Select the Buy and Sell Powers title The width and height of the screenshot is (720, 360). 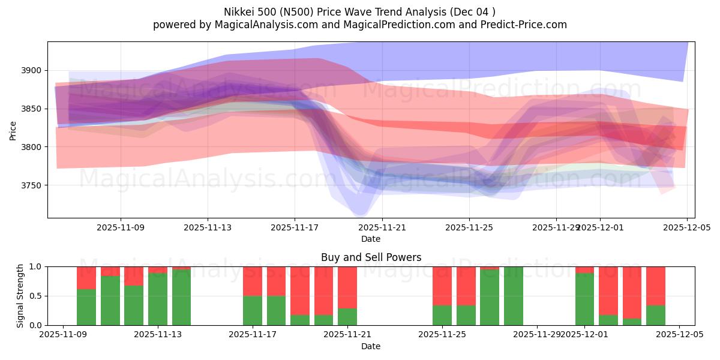coord(371,257)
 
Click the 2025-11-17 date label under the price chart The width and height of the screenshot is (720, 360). coord(295,228)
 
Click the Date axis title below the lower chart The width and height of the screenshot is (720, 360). coord(371,346)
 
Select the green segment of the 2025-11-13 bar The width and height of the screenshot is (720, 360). coord(158,299)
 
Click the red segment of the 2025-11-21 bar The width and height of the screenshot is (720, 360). coord(347,287)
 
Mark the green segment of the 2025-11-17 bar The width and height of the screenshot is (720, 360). coord(253,310)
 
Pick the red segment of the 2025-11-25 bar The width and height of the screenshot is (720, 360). coord(442,286)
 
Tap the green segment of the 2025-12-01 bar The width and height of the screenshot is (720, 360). coord(584,299)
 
